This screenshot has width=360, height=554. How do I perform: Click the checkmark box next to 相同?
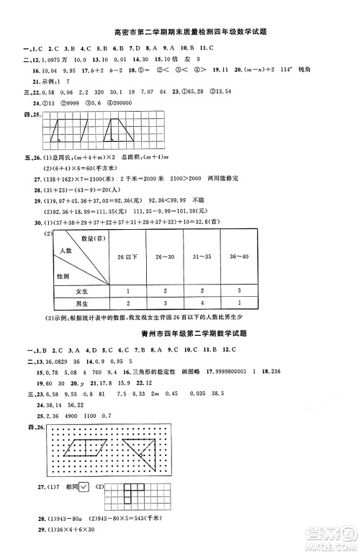86,488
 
